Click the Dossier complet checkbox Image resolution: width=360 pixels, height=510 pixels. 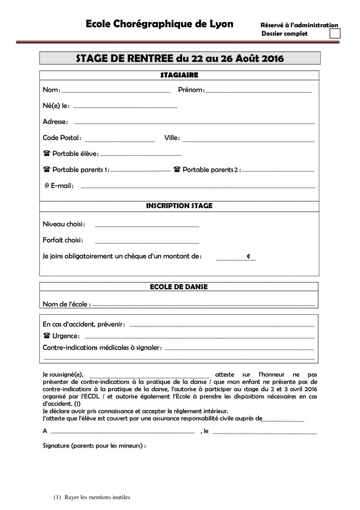click(335, 33)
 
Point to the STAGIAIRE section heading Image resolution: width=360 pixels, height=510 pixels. click(179, 75)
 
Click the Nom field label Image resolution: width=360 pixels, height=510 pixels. click(51, 90)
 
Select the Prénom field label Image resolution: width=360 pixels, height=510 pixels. click(191, 90)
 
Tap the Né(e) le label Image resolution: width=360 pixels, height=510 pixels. click(56, 106)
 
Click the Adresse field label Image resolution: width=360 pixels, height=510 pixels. click(55, 122)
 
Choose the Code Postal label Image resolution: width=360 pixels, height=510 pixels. click(62, 138)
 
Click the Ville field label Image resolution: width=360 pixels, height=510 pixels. click(172, 138)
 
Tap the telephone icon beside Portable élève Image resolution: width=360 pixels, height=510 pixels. click(46, 153)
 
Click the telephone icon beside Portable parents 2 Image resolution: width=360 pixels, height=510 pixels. click(177, 169)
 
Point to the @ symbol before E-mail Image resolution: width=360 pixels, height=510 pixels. click(47, 186)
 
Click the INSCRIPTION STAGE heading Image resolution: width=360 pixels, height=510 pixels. click(179, 206)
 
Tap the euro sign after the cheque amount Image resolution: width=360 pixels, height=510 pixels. click(248, 257)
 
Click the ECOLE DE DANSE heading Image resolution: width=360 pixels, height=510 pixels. click(179, 287)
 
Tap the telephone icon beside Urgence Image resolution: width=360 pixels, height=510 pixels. click(46, 336)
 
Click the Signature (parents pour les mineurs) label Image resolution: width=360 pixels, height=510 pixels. click(94, 445)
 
